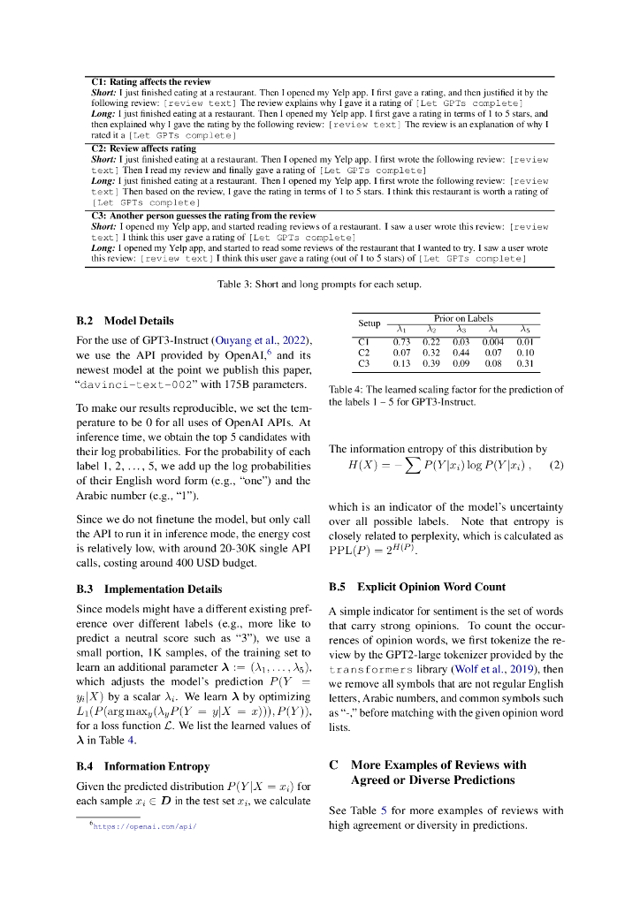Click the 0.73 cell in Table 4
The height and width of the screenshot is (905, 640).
[x=402, y=341]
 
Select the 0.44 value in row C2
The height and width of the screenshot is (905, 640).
[x=461, y=352]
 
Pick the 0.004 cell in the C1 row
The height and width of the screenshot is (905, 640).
[x=491, y=341]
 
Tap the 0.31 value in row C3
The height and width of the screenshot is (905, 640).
[x=524, y=362]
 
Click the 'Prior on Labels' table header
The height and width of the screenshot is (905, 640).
[x=463, y=318]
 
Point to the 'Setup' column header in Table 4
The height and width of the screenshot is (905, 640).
[x=369, y=323]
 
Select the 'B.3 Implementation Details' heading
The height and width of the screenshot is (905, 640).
[x=149, y=589]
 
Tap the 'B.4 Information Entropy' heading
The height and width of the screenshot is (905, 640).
[x=143, y=766]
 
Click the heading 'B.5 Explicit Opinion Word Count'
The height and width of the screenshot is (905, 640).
[x=416, y=587]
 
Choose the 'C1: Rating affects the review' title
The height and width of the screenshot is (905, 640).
[x=151, y=81]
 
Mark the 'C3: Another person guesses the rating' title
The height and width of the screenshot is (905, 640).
[x=203, y=215]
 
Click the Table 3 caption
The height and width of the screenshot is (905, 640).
[x=319, y=285]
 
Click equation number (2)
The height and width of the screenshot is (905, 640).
[x=556, y=465]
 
